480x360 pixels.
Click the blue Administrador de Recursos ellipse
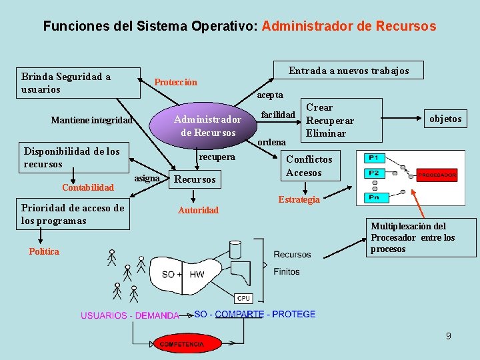[207, 125]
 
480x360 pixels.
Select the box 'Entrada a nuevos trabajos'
[348, 70]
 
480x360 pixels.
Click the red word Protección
[175, 82]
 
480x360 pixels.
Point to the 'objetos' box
[445, 119]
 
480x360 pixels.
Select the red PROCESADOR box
[437, 175]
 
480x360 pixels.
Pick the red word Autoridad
[198, 210]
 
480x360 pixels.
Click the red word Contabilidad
[88, 187]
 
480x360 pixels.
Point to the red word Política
[44, 251]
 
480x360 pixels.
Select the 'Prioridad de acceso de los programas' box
[73, 214]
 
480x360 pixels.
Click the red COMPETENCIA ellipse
[182, 344]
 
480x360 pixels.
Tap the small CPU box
[244, 298]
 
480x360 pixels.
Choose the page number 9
[449, 336]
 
